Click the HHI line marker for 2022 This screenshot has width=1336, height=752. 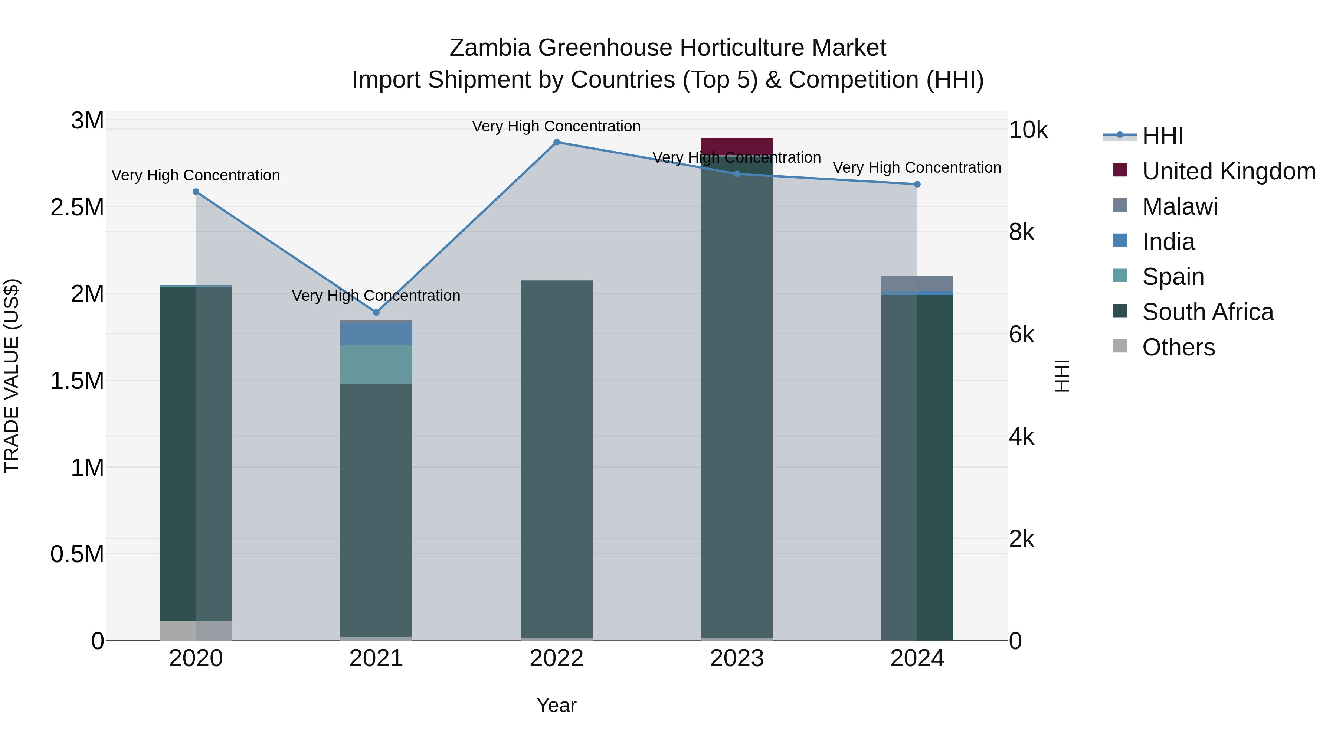pyautogui.click(x=557, y=142)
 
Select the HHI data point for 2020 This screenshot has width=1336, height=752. pyautogui.click(x=196, y=192)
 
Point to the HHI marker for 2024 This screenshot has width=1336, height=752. pyautogui.click(x=917, y=184)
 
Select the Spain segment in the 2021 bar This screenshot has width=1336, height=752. pyautogui.click(x=376, y=364)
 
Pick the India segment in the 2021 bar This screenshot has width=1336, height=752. pyautogui.click(x=376, y=334)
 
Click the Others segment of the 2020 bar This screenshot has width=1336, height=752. pyautogui.click(x=196, y=631)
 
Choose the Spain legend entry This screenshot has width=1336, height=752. pyautogui.click(x=1173, y=277)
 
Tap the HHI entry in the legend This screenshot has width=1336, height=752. pyautogui.click(x=1162, y=136)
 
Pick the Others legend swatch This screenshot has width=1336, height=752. pyautogui.click(x=1120, y=346)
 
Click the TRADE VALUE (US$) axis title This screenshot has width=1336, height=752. pyautogui.click(x=12, y=376)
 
